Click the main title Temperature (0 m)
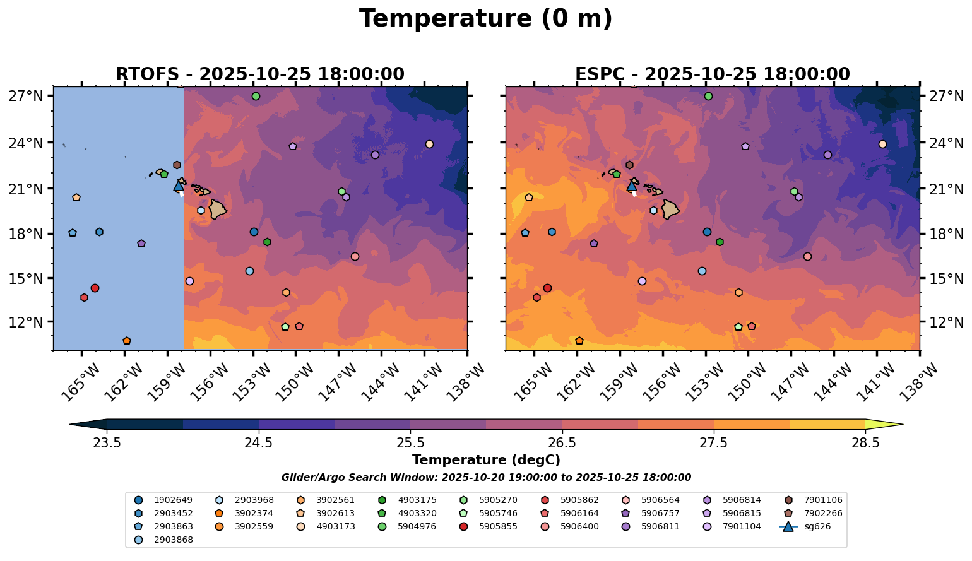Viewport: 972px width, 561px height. pyautogui.click(x=485, y=19)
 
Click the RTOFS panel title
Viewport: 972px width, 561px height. pyautogui.click(x=259, y=74)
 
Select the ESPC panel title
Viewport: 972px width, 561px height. pyautogui.click(x=712, y=74)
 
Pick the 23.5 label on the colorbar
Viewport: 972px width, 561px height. pyautogui.click(x=107, y=442)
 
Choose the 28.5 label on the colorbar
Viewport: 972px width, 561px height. pyautogui.click(x=865, y=442)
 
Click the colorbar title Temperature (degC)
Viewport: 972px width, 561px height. pyautogui.click(x=485, y=460)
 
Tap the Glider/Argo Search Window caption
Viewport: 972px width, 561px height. pyautogui.click(x=485, y=478)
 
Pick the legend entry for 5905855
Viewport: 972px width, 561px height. pyautogui.click(x=498, y=526)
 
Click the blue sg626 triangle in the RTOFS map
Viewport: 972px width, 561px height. pyautogui.click(x=179, y=186)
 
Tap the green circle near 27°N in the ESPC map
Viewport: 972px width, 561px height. pyautogui.click(x=708, y=97)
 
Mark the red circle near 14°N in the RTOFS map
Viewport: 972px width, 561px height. pyautogui.click(x=95, y=288)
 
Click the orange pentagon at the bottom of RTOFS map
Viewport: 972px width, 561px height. pyautogui.click(x=127, y=341)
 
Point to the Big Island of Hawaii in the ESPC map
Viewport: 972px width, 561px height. pyautogui.click(x=670, y=209)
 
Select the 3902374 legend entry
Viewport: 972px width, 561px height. pyautogui.click(x=254, y=513)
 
